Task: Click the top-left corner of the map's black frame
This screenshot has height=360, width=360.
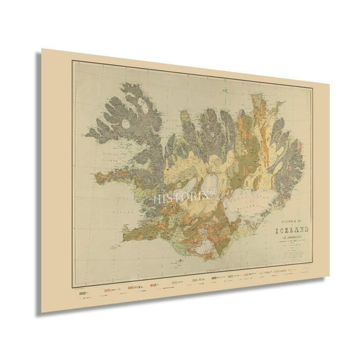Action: pos(72,58)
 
